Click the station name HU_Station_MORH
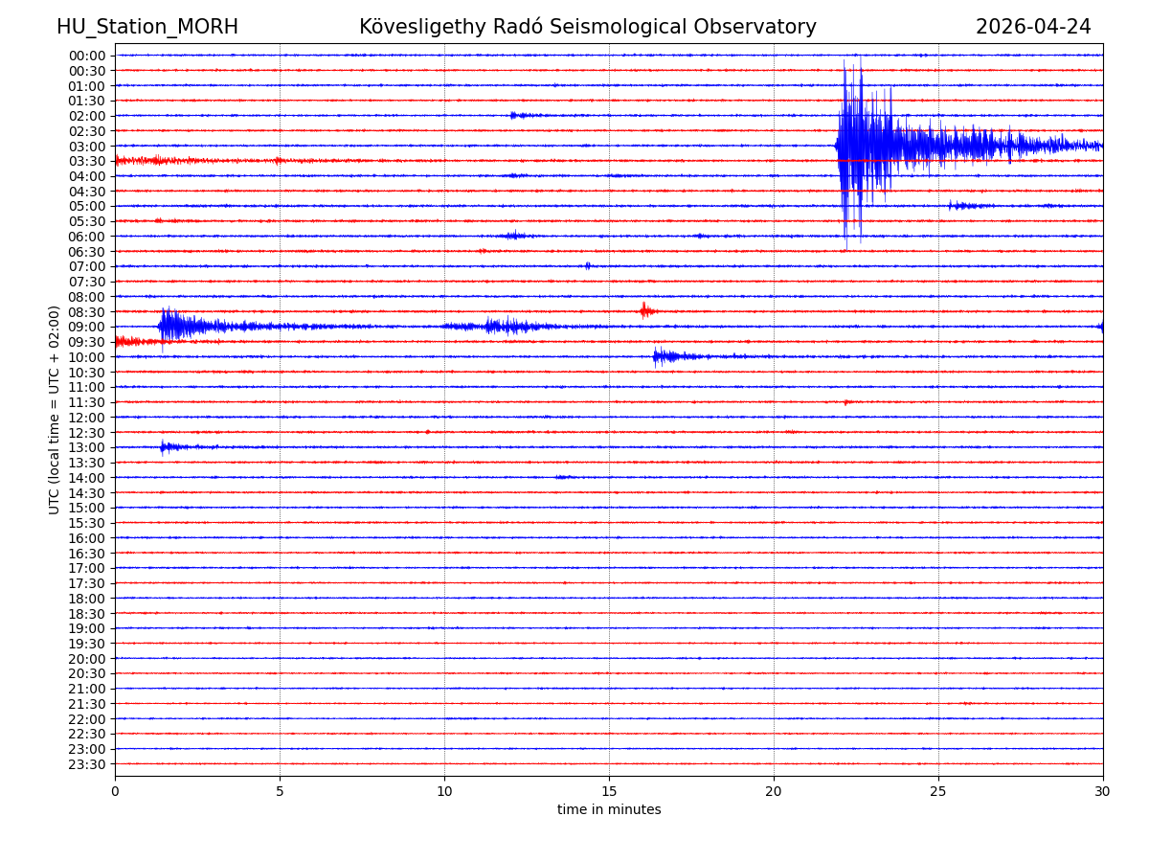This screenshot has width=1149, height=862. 147,28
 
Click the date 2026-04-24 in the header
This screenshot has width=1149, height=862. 1033,28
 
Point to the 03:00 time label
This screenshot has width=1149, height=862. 87,147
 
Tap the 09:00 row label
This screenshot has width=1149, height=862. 87,328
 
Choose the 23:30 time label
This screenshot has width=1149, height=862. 87,764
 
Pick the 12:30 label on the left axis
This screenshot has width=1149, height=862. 87,433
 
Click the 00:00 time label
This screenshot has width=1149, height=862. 87,56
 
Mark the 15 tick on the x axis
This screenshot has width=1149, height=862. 609,792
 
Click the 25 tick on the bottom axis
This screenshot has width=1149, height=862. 938,792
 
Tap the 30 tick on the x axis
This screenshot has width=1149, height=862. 1103,792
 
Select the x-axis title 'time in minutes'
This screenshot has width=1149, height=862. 609,810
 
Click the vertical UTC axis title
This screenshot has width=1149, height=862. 55,410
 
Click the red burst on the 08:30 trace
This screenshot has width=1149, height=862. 644,311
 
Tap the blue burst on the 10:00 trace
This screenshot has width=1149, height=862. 663,356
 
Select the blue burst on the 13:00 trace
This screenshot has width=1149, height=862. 167,446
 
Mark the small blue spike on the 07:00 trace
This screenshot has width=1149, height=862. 588,266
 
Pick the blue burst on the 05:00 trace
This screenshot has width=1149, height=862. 962,206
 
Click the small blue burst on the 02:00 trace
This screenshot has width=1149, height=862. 517,115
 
